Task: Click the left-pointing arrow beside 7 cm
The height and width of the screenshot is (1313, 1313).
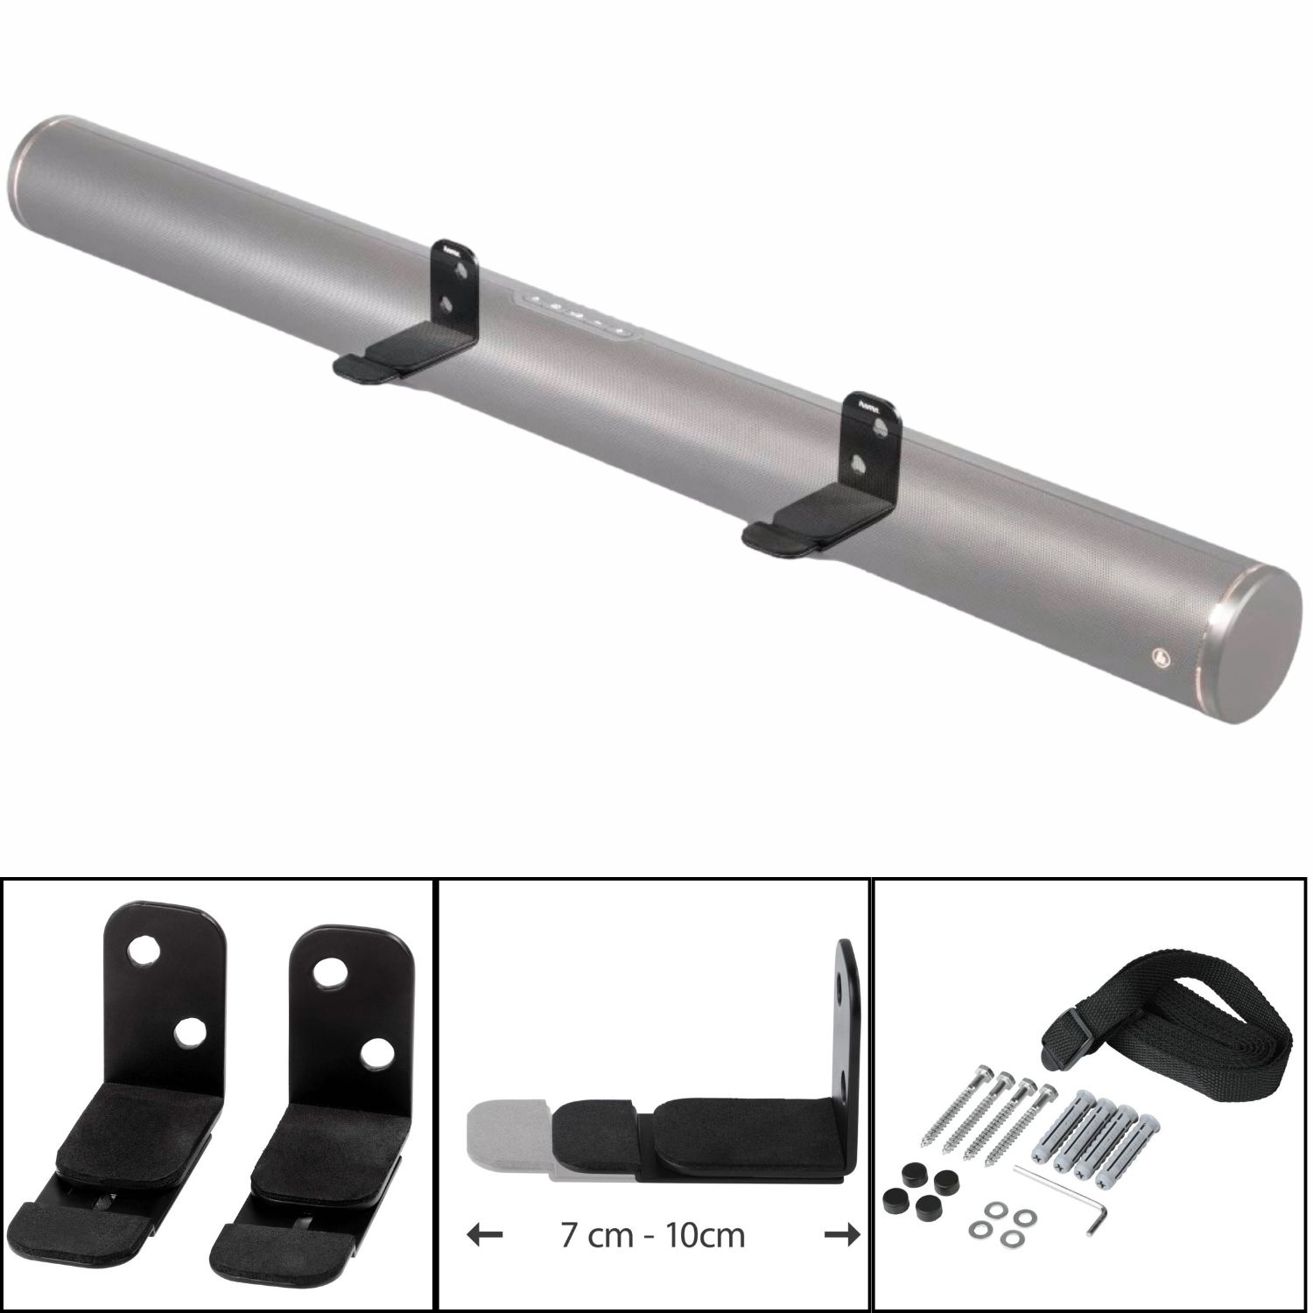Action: click(485, 1235)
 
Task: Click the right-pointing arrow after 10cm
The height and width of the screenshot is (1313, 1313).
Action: click(842, 1235)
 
